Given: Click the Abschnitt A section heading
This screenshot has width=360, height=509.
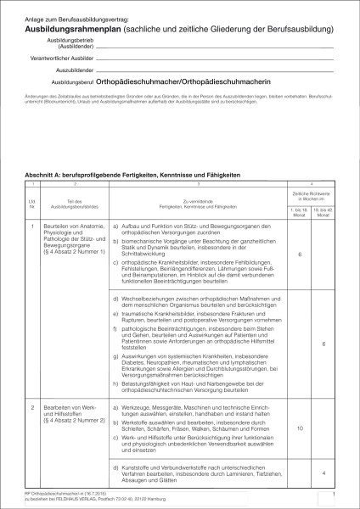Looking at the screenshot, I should click(137, 174).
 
